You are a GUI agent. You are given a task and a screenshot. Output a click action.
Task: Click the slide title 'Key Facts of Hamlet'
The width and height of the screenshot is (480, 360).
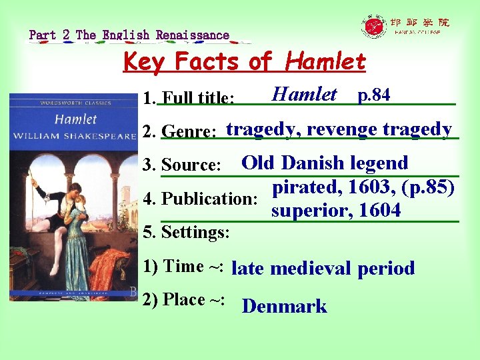[x=245, y=62]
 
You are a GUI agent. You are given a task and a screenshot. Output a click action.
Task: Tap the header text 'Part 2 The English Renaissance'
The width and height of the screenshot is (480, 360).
[x=129, y=35]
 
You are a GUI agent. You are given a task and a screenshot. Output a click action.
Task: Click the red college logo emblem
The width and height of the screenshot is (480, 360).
[x=374, y=27]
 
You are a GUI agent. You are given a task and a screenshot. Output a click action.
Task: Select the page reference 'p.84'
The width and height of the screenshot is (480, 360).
[x=374, y=95]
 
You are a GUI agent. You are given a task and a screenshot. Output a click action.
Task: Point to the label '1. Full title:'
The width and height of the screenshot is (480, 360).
[x=189, y=99]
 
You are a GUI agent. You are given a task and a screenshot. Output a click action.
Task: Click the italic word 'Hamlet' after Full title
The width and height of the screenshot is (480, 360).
[x=304, y=94]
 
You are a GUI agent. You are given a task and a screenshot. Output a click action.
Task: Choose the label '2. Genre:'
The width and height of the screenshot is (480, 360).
[x=179, y=131]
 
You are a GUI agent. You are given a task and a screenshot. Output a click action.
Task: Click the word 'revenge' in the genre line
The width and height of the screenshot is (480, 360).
[x=344, y=129]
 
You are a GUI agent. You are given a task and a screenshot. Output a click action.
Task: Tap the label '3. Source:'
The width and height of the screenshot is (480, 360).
[x=181, y=165]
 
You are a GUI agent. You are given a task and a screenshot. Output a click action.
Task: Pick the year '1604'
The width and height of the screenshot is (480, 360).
[x=379, y=211]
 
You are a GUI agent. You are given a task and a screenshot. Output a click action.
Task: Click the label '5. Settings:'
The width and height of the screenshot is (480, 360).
[x=187, y=233]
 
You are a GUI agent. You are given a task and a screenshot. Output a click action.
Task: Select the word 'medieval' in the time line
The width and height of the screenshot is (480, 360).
[x=311, y=269]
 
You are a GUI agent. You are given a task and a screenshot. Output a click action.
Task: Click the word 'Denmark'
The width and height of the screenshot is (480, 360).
[x=284, y=306]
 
